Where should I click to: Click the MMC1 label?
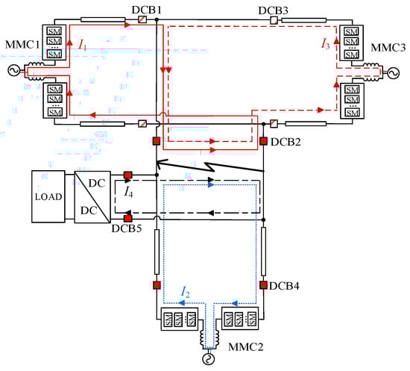[22, 45]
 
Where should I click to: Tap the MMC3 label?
[388, 48]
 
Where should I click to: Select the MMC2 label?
[245, 347]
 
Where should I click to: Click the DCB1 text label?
[146, 10]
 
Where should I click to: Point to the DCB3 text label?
[274, 10]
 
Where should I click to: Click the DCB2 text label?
[286, 142]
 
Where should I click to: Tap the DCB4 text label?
[284, 286]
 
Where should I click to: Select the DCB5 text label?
[127, 228]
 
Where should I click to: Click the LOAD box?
[48, 196]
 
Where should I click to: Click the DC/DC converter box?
[92, 197]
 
